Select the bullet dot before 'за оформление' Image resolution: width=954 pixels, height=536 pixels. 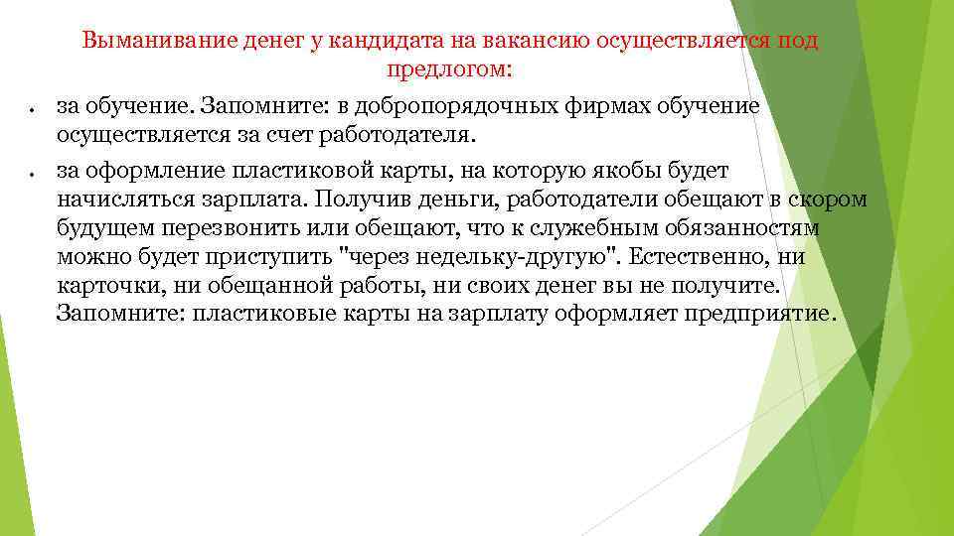click(34, 173)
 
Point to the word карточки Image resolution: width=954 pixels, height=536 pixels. click(102, 287)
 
